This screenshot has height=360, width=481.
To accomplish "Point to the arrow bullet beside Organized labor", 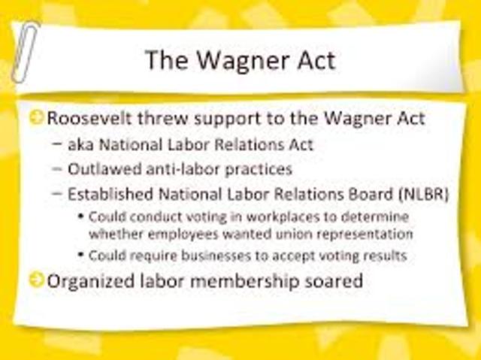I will tap(37, 281).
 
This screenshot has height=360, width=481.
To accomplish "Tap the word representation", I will tap(366, 234).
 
